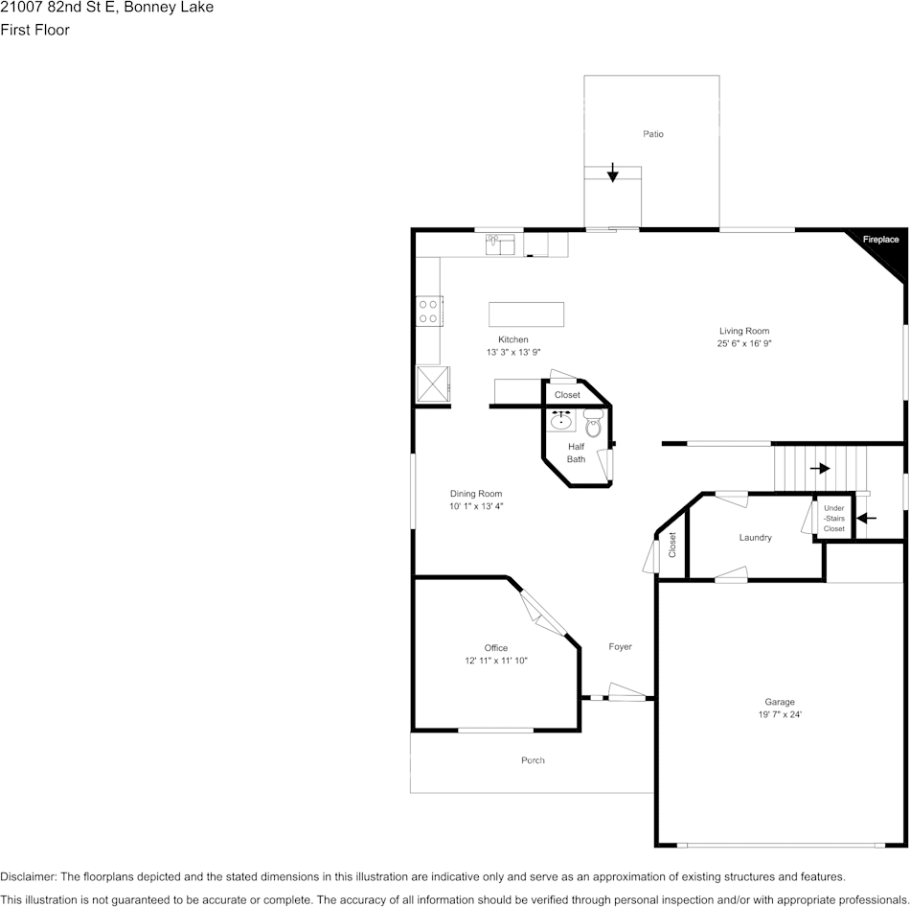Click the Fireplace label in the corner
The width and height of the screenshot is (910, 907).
tap(880, 240)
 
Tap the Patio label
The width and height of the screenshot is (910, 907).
tap(653, 134)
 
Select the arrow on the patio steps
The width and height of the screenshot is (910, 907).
tap(613, 173)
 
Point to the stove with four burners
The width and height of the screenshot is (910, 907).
tap(428, 311)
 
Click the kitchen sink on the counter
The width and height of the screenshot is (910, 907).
tap(500, 244)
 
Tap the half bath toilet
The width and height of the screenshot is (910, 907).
tap(593, 425)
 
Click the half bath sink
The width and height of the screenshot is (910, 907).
tap(561, 421)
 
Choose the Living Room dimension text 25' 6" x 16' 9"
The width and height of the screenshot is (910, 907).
tap(744, 343)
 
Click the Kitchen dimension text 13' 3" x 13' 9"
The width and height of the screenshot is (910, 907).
tap(513, 352)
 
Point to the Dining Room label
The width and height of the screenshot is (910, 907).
tap(476, 494)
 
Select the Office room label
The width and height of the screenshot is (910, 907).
tap(496, 648)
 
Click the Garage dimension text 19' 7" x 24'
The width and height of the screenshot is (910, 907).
tap(779, 714)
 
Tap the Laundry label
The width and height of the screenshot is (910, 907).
tap(755, 538)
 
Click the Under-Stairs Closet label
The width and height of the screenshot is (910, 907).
tap(833, 519)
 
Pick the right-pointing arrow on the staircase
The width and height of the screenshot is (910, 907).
tap(820, 468)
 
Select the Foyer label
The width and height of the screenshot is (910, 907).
tap(620, 647)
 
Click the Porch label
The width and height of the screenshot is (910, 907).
tap(533, 760)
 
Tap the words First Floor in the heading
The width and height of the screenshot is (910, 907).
tap(34, 30)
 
